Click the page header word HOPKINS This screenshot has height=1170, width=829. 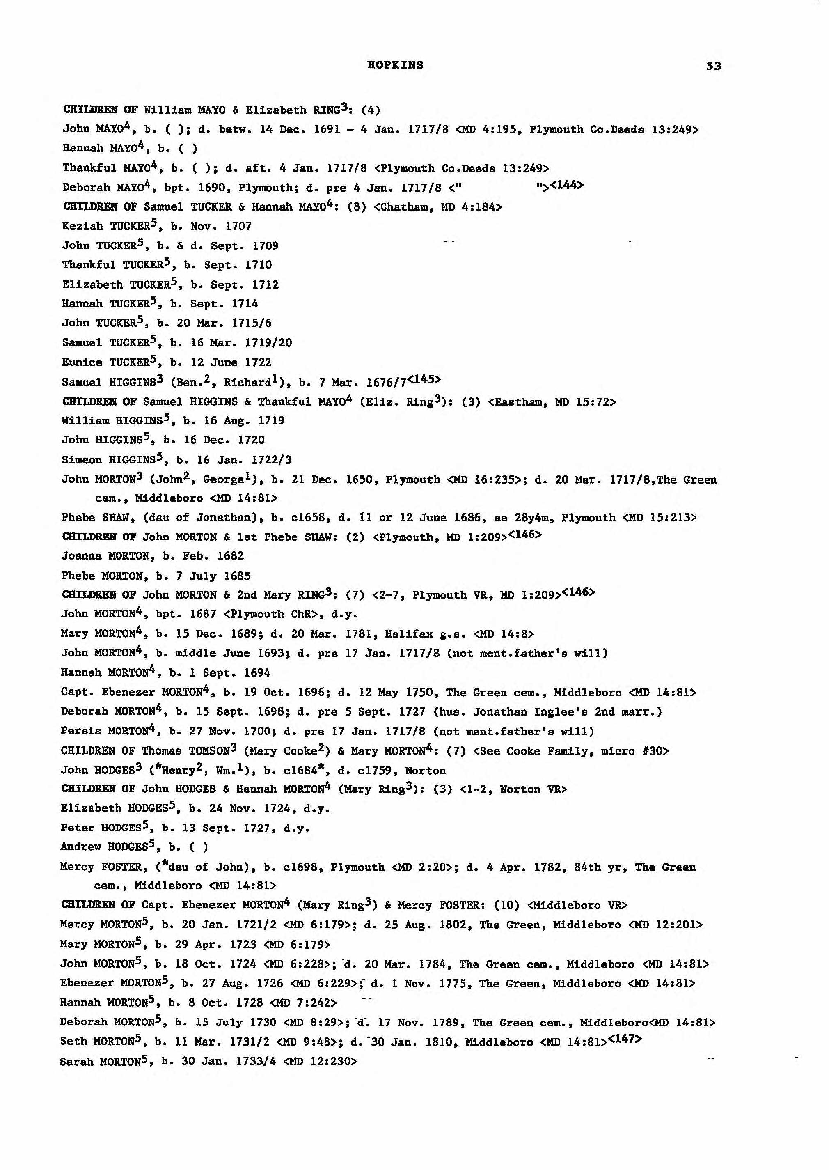[395, 65]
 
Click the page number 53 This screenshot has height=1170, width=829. [714, 66]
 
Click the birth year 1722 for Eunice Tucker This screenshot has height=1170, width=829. [258, 362]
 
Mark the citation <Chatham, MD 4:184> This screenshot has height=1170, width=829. [438, 207]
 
